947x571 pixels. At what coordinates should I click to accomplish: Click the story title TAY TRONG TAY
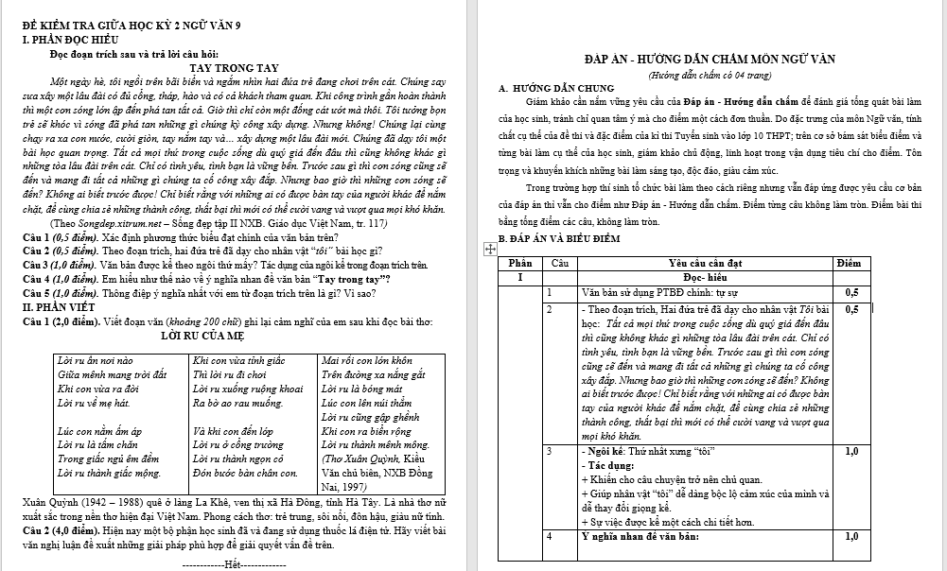pos(234,68)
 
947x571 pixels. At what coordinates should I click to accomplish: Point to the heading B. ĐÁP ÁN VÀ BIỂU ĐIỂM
pos(559,237)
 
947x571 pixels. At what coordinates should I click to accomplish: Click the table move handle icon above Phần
pos(490,249)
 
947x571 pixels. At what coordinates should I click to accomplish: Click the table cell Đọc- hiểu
pos(704,277)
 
